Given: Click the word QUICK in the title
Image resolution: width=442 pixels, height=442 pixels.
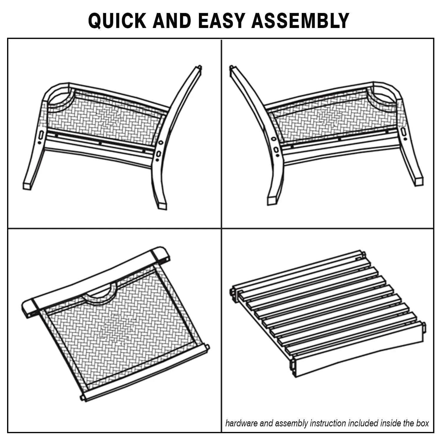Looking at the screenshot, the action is tap(117, 21).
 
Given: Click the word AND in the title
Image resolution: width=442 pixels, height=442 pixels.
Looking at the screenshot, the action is tap(172, 21).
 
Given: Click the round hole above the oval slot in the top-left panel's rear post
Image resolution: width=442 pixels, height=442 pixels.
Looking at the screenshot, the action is tap(161, 142).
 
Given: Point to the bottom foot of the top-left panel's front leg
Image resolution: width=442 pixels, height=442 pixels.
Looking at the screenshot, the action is tap(27, 186).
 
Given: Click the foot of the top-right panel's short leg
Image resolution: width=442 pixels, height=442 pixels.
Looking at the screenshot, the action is tap(418, 181).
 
